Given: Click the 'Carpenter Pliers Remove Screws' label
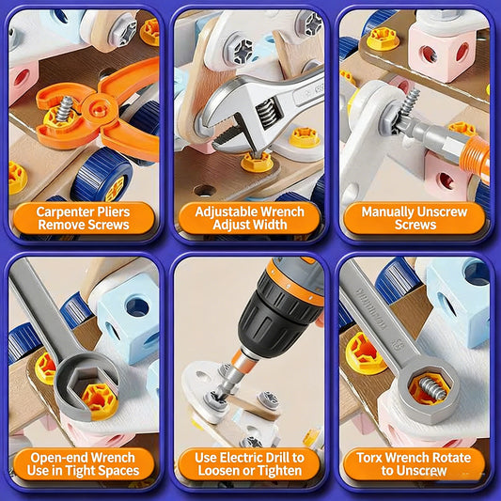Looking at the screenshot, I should [83, 218].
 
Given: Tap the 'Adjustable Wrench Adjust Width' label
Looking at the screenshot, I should [249, 218].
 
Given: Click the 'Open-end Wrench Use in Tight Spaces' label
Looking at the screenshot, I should [83, 463].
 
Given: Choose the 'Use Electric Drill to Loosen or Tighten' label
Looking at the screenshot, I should [249, 463].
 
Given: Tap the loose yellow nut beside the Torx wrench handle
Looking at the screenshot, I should [366, 352].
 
